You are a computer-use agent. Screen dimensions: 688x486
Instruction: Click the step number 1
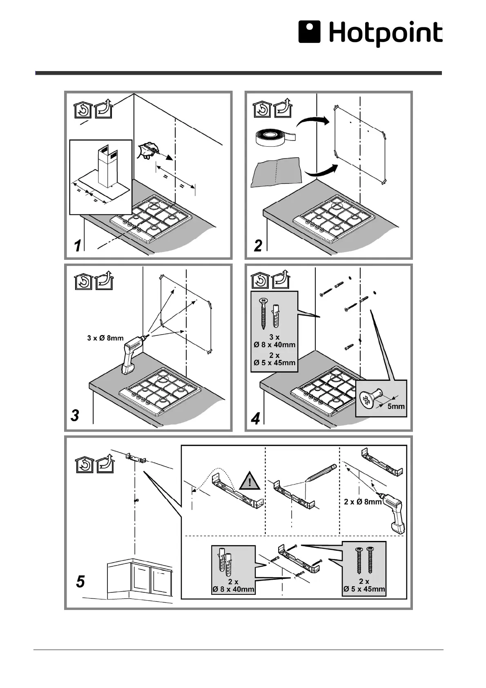[77, 246]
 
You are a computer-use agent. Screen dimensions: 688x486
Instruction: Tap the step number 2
[258, 246]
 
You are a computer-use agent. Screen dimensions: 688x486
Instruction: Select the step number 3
[75, 415]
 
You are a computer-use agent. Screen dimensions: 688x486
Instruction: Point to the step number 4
[255, 419]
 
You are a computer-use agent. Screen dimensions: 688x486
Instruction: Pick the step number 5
[80, 581]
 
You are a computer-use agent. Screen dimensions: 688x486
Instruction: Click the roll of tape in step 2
[273, 138]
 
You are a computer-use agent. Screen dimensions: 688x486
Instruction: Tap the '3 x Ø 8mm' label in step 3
[105, 338]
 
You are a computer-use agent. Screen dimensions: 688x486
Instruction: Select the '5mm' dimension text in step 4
[396, 407]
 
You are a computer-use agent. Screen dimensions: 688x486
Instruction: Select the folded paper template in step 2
[277, 173]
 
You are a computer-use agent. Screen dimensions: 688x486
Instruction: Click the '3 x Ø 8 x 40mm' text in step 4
[274, 341]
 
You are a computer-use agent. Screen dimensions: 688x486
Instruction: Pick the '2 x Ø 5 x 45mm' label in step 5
[364, 585]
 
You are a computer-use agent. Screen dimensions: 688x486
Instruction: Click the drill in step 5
[393, 513]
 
